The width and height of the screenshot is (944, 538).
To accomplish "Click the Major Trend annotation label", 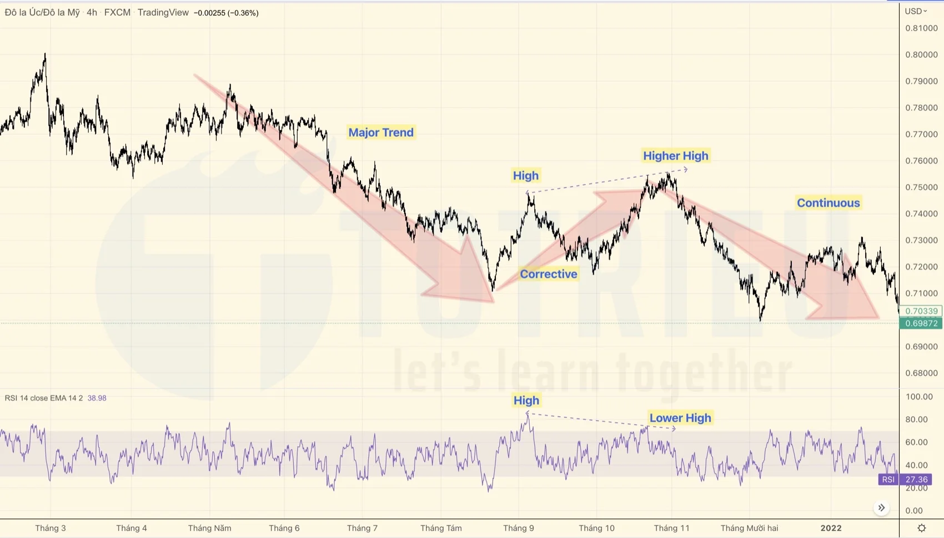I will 381,132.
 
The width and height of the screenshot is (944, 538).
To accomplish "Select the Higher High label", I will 675,156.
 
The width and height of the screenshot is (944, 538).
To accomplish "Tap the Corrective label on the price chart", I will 548,274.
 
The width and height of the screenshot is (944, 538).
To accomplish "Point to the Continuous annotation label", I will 828,203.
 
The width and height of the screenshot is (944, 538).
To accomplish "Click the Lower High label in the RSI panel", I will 680,418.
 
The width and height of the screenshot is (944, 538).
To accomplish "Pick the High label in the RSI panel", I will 526,400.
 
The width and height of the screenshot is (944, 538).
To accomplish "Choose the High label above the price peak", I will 525,176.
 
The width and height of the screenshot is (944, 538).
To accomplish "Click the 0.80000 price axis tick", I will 921,54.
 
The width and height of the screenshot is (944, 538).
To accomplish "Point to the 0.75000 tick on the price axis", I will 921,187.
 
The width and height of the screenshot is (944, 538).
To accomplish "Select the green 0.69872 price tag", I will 921,323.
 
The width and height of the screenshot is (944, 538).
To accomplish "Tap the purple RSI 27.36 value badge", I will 916,480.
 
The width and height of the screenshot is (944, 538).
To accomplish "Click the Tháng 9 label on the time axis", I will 518,528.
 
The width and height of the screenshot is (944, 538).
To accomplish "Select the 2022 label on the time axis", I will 831,528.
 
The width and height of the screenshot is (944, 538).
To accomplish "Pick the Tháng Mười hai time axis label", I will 749,528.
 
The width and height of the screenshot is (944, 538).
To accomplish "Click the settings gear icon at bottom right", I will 921,528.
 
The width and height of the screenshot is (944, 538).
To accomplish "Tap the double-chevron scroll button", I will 881,507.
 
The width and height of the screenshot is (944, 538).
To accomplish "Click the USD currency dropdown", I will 916,11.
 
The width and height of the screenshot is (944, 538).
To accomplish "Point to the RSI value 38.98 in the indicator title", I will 97,398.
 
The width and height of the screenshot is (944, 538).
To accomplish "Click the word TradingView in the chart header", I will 163,12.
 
